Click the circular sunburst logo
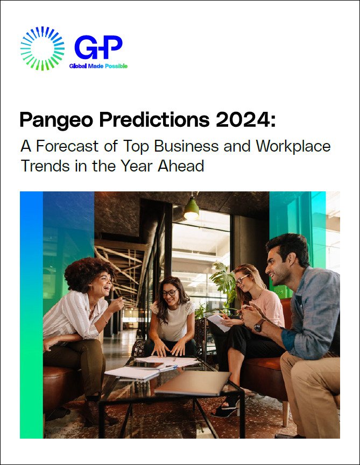pos(43,48)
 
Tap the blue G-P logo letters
pos(98,47)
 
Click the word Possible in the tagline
pos(116,66)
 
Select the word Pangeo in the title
pos(56,120)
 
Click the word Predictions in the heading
pos(154,119)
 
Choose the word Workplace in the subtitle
pos(293,147)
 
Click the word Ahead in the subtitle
pos(181,166)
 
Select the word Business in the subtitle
pos(187,146)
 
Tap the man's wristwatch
pos(259,325)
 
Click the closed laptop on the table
pos(193,382)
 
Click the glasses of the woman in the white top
pos(171,292)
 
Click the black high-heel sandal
pos(226,409)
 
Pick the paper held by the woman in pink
pos(218,323)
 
